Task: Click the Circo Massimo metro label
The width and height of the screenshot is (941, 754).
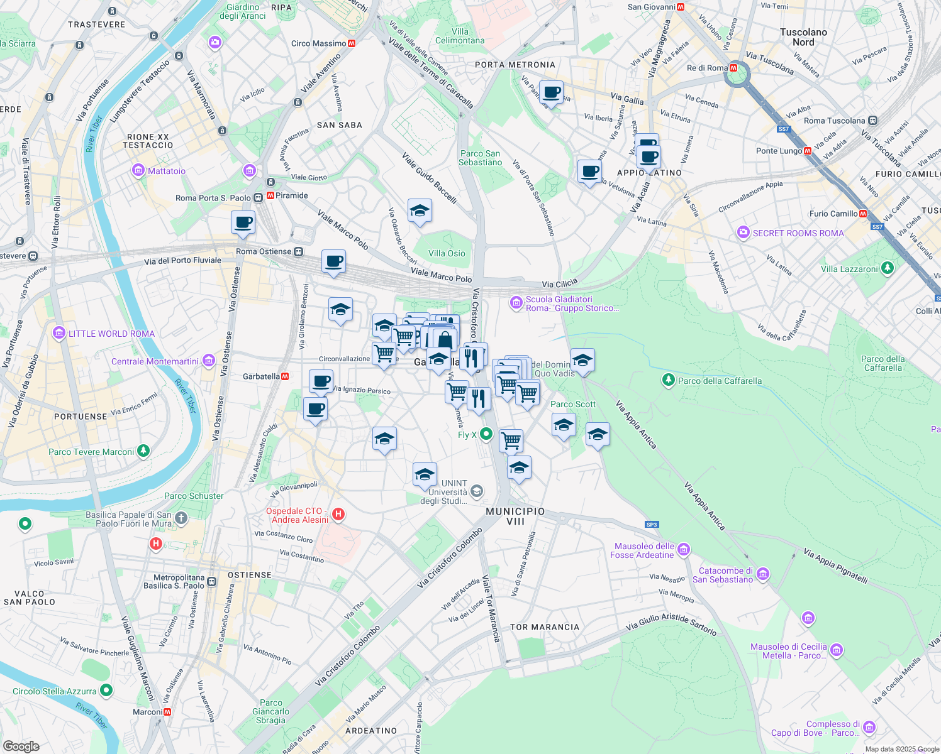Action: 319,43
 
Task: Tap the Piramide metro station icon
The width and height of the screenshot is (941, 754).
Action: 270,195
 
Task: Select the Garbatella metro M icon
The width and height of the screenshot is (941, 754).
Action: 285,376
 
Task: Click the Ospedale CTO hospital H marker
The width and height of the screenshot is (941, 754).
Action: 338,515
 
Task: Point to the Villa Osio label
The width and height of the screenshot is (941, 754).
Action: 447,253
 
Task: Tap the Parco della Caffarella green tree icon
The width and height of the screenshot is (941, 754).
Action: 669,380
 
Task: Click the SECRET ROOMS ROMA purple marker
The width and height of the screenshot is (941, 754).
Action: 743,233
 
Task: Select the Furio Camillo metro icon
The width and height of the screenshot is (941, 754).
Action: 863,214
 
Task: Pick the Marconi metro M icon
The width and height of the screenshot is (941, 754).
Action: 167,712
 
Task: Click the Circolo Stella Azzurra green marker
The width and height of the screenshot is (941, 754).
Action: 106,691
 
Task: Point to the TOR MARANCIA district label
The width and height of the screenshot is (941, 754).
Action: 545,627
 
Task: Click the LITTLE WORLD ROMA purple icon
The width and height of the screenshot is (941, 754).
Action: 59,333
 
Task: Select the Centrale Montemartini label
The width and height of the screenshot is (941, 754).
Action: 155,361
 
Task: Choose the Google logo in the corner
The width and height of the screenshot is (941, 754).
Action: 21,746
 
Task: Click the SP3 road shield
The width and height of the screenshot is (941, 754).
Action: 651,524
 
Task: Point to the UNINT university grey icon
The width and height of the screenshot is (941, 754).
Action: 477,491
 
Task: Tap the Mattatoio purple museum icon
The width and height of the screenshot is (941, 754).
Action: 138,170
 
